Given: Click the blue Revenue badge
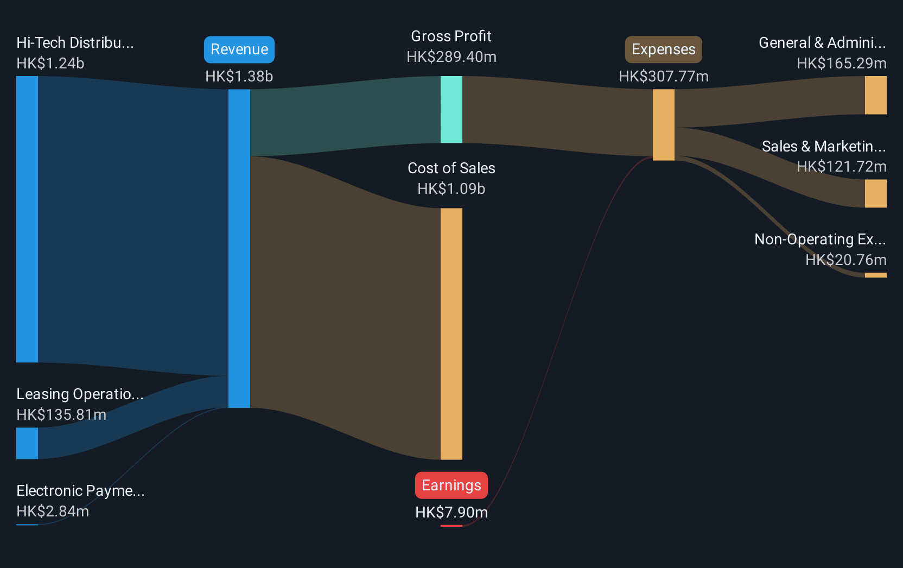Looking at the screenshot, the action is point(239,49).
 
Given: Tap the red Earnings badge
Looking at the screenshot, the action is point(451,485).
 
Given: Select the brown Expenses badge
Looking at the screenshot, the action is point(663,49).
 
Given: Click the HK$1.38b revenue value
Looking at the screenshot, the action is point(239,76).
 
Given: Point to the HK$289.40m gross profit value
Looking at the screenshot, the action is point(451,57).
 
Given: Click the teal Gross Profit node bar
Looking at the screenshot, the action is point(451,109).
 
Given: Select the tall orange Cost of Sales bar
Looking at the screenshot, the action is point(451,334).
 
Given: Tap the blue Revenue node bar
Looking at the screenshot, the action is point(239,249).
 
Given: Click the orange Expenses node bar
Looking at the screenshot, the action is point(664,125).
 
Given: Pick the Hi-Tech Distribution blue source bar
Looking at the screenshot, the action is point(27,219).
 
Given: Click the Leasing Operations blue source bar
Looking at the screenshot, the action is point(27,443).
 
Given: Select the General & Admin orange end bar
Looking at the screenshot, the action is point(875,95).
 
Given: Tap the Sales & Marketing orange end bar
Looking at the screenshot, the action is point(875,194).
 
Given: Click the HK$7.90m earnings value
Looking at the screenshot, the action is point(451,512).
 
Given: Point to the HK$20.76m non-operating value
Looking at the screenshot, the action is point(846,260).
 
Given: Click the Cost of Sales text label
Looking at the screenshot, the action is point(451,168).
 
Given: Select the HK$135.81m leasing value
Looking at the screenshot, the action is point(61,415).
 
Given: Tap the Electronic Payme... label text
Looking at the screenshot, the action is point(80,491).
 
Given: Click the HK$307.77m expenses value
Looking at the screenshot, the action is point(664,76).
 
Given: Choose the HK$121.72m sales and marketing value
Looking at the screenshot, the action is point(842,166).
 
